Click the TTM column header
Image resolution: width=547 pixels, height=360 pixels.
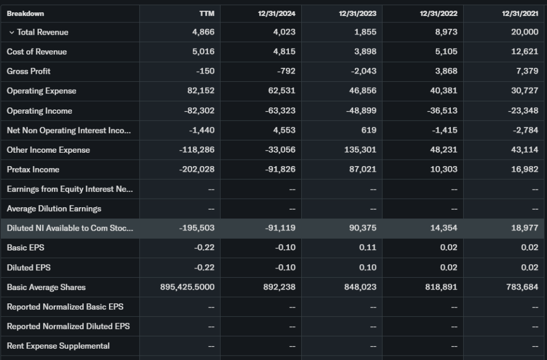coord(206,13)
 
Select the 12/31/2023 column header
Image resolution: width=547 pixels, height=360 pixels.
coord(357,13)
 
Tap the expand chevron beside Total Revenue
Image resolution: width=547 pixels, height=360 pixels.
coord(11,33)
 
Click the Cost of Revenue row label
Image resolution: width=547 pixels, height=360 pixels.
coord(37,52)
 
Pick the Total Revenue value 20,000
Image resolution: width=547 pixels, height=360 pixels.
coord(524,32)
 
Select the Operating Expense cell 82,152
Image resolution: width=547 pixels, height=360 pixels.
coord(201,91)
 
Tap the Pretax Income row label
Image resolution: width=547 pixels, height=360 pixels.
coord(33,169)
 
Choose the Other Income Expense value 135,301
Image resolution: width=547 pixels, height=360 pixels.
coord(361,150)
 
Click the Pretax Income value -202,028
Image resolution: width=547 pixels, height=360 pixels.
coord(198,169)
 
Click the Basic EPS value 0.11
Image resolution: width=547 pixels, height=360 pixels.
coord(368,248)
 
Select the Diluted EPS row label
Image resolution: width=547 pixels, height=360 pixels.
coord(29,268)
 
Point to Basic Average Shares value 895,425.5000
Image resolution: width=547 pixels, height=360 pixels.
coord(187,287)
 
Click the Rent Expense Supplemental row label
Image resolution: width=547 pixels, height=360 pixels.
coord(58,346)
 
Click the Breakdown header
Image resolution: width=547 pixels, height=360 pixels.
coord(26,13)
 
